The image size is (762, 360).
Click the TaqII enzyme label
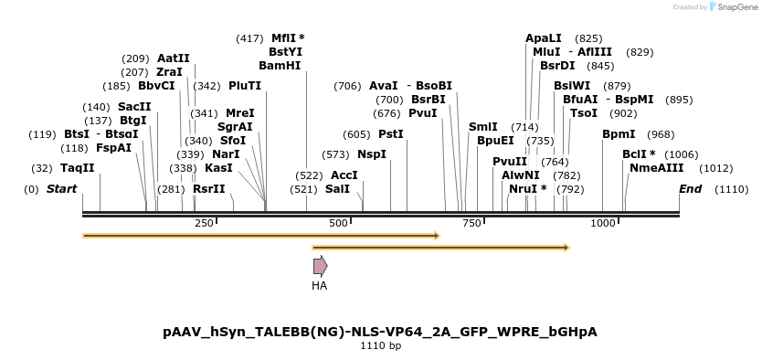(x=77, y=168)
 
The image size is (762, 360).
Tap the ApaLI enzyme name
(x=543, y=38)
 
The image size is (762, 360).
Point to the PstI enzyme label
(x=390, y=134)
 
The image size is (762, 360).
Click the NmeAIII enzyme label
(x=656, y=168)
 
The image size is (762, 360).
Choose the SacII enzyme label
(x=134, y=107)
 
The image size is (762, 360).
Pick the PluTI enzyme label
(x=245, y=86)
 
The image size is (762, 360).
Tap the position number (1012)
(x=715, y=168)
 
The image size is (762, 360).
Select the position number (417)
(x=249, y=38)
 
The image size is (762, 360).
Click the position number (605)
(x=356, y=134)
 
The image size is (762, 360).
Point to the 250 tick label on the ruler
(x=204, y=224)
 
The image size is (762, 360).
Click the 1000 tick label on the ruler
(x=602, y=224)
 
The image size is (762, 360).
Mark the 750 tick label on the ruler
(x=472, y=224)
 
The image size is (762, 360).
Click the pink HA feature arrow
(x=320, y=266)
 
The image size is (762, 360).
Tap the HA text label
(x=319, y=286)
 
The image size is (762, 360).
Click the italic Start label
(x=61, y=189)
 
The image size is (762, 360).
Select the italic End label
(x=690, y=189)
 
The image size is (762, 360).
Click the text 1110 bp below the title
(x=380, y=346)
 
